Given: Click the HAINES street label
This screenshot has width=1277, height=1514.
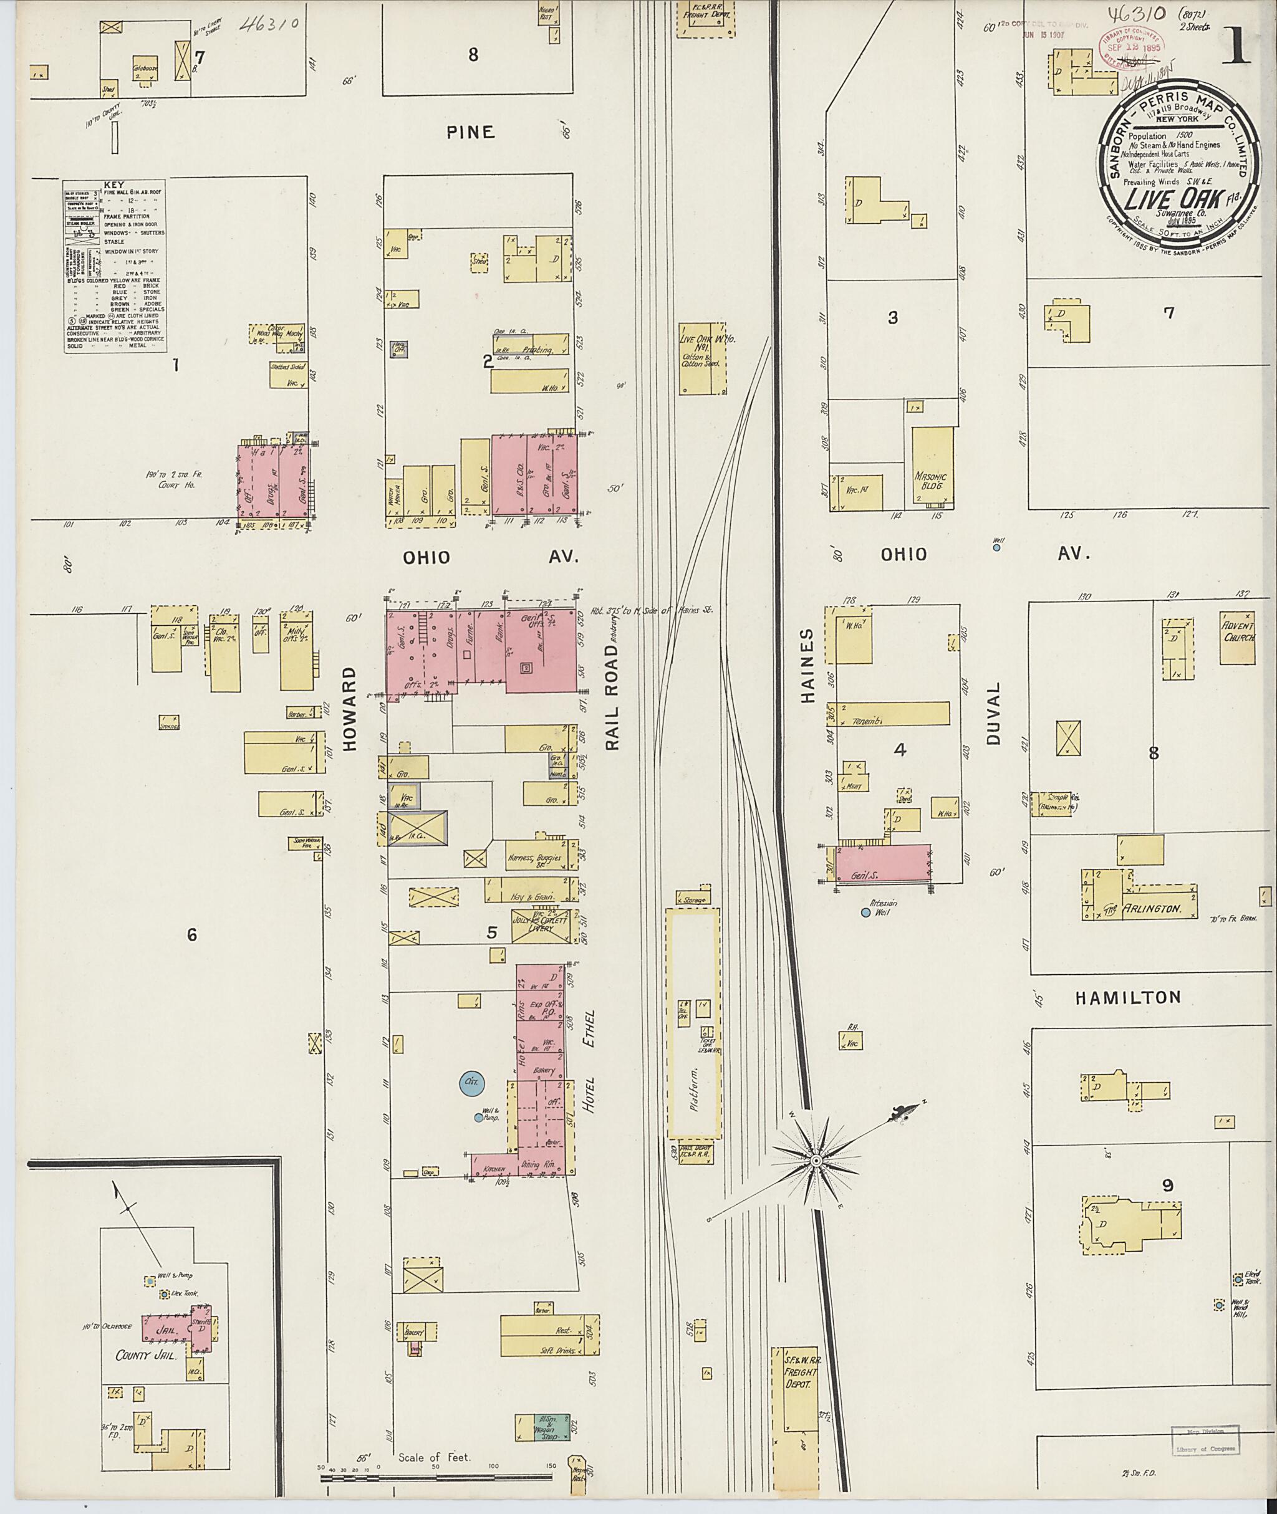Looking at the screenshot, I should (808, 666).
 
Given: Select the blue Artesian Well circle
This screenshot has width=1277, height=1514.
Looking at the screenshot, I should (865, 913).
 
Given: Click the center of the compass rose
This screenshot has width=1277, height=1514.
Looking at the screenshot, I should (816, 1160).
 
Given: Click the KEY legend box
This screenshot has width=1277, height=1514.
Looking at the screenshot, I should (113, 266).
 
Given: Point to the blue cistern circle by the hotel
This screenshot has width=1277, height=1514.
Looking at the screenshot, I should (472, 1083).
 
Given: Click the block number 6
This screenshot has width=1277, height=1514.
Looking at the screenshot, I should (191, 935).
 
